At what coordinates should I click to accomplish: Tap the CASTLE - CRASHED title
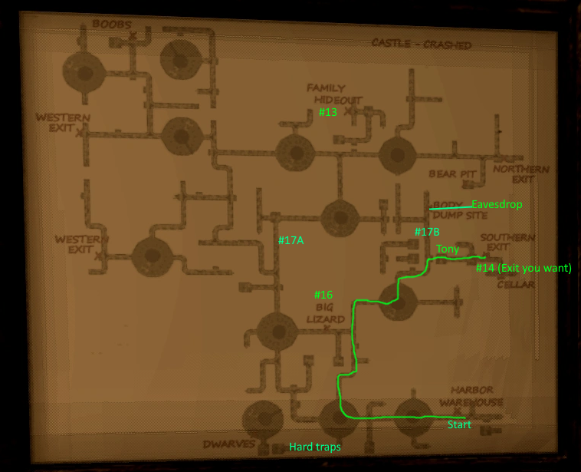tap(421, 44)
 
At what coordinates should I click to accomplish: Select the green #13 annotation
tap(327, 112)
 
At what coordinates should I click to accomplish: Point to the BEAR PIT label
tap(452, 174)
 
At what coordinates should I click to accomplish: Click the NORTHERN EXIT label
tap(521, 174)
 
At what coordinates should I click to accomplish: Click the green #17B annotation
tap(427, 232)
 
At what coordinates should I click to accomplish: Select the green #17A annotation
tap(291, 240)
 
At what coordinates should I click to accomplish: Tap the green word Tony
tap(448, 249)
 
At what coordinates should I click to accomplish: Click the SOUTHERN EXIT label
tap(507, 243)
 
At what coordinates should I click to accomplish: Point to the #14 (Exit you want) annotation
tap(524, 268)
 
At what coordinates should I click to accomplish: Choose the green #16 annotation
tap(323, 295)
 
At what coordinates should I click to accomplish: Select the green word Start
tap(459, 424)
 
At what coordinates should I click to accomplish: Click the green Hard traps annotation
tap(314, 447)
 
